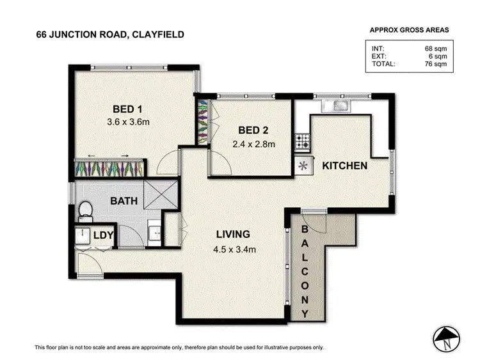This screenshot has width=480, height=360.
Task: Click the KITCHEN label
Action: pos(344,166)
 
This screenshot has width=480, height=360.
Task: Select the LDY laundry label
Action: pos(103,236)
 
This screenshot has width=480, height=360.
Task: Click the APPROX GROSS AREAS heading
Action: pos(409,29)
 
